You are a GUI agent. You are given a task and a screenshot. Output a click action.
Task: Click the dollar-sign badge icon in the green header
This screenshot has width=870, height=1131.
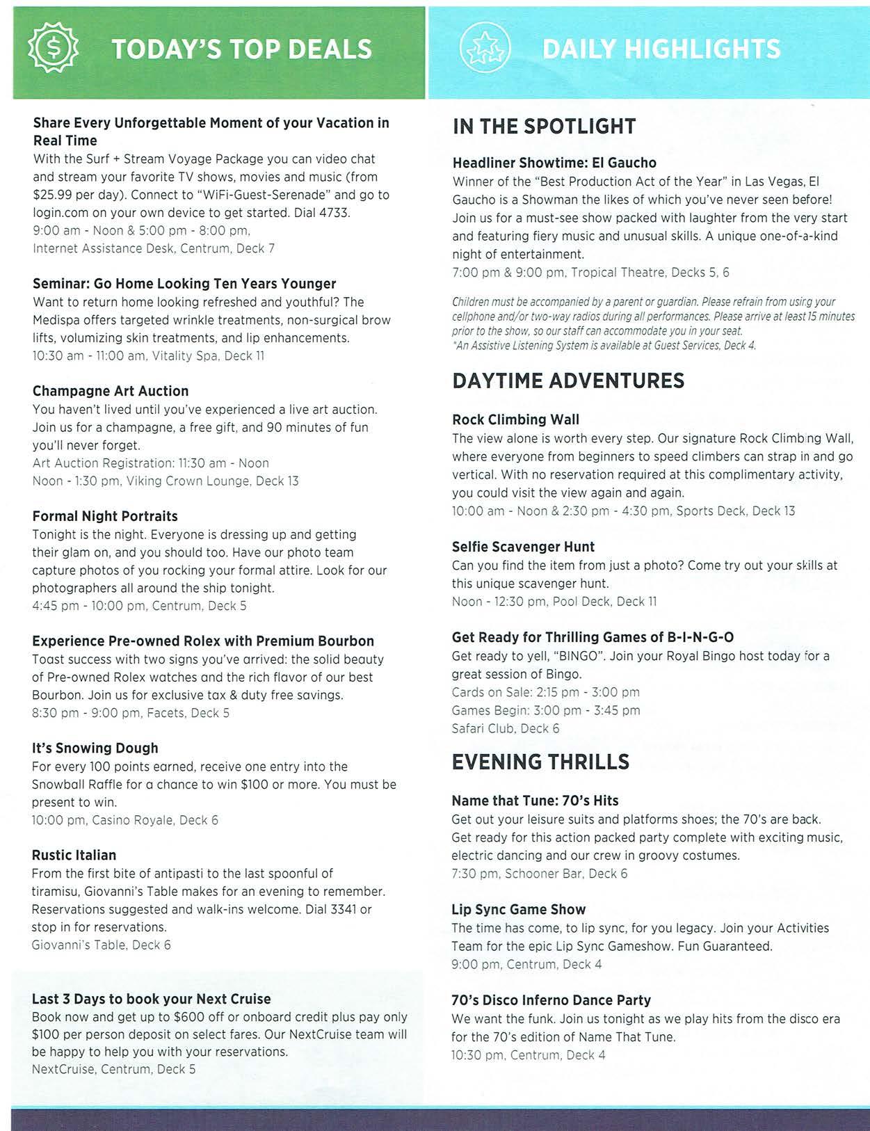tap(53, 48)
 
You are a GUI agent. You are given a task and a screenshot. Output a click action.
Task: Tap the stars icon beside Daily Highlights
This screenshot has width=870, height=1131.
tap(485, 49)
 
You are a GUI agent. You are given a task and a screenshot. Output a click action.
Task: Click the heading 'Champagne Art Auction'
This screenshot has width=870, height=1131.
tap(111, 391)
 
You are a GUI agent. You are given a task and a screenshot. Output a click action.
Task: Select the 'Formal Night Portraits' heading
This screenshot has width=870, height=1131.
tap(105, 516)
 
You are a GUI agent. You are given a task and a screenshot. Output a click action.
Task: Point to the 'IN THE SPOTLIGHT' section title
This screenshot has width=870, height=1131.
tap(544, 127)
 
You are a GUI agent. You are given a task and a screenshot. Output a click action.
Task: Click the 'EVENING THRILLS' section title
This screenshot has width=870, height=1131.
tap(540, 762)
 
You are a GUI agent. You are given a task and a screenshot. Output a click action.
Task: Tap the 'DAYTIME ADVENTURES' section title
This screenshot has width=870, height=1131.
tap(568, 381)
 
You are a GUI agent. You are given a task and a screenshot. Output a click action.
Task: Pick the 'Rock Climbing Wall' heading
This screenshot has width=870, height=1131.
tap(515, 419)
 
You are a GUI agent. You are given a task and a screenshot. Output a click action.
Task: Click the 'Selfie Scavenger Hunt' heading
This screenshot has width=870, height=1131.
tap(523, 547)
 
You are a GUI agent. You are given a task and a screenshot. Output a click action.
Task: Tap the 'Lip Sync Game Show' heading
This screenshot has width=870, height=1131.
tap(518, 910)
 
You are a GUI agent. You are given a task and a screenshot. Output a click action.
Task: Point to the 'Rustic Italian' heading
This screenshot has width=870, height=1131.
tap(74, 856)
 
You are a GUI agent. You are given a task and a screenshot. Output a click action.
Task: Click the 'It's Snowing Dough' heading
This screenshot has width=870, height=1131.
tap(95, 748)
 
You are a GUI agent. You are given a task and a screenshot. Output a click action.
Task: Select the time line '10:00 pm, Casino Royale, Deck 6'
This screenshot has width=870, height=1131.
tap(125, 821)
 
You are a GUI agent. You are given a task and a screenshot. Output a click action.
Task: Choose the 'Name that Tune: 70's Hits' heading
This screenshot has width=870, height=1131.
tap(535, 801)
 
